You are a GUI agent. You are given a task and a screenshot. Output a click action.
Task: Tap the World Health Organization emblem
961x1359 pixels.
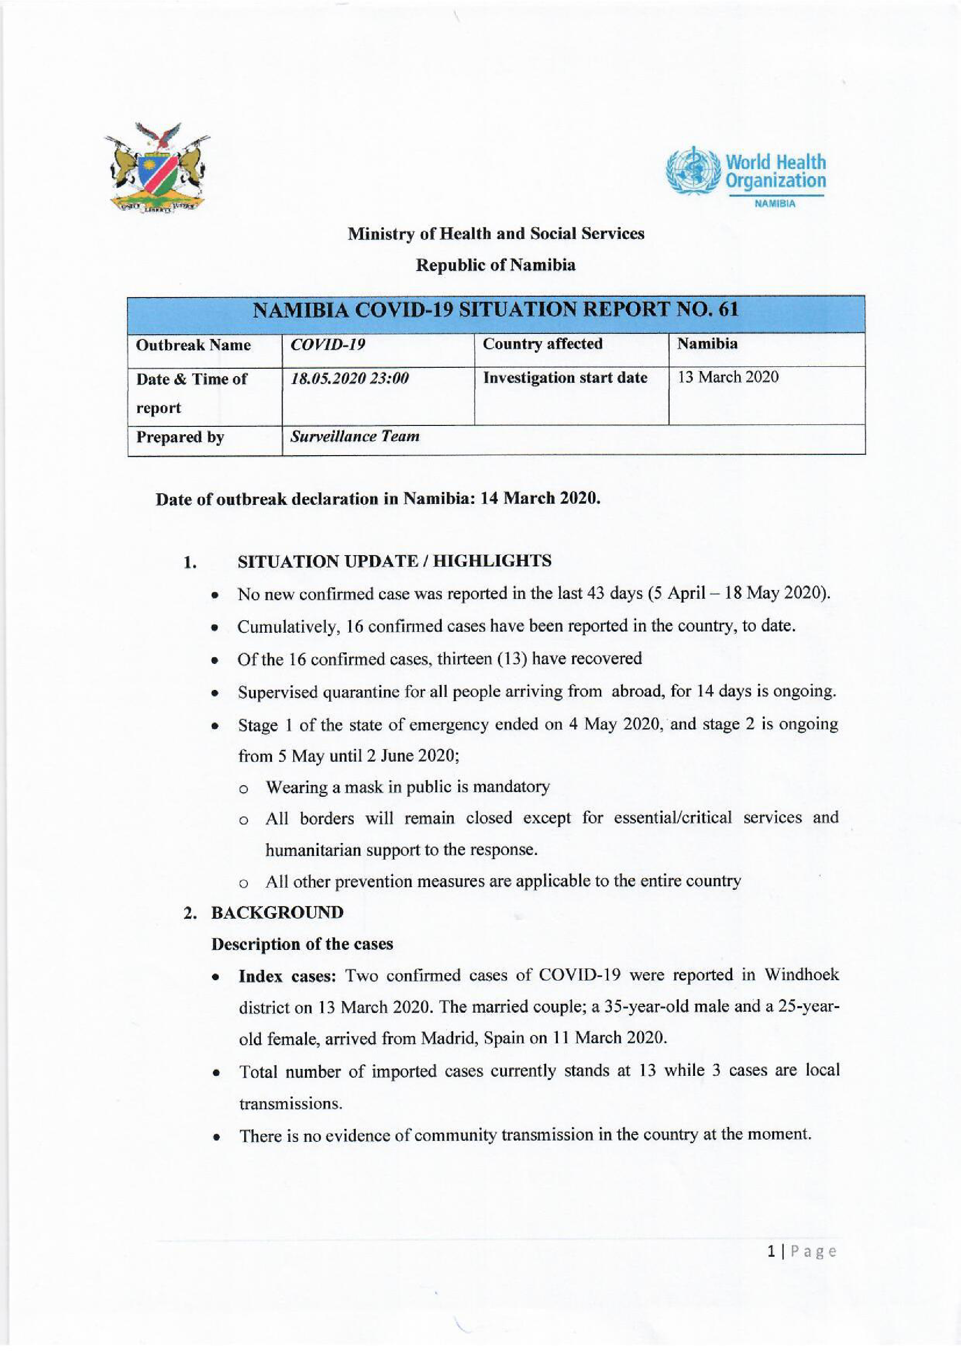[x=692, y=172]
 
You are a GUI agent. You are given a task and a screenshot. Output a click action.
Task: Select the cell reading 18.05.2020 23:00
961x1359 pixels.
[x=349, y=379]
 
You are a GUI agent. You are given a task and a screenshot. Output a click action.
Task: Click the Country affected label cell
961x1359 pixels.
[x=543, y=344]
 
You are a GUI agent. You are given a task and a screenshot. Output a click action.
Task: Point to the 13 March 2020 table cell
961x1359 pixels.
[x=728, y=377]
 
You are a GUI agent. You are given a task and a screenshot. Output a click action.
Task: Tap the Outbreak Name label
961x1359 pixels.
[x=193, y=345]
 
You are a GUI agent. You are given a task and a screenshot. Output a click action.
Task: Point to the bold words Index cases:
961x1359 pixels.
[x=287, y=975]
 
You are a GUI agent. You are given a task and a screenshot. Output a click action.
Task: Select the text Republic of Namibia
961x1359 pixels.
[x=495, y=265]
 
